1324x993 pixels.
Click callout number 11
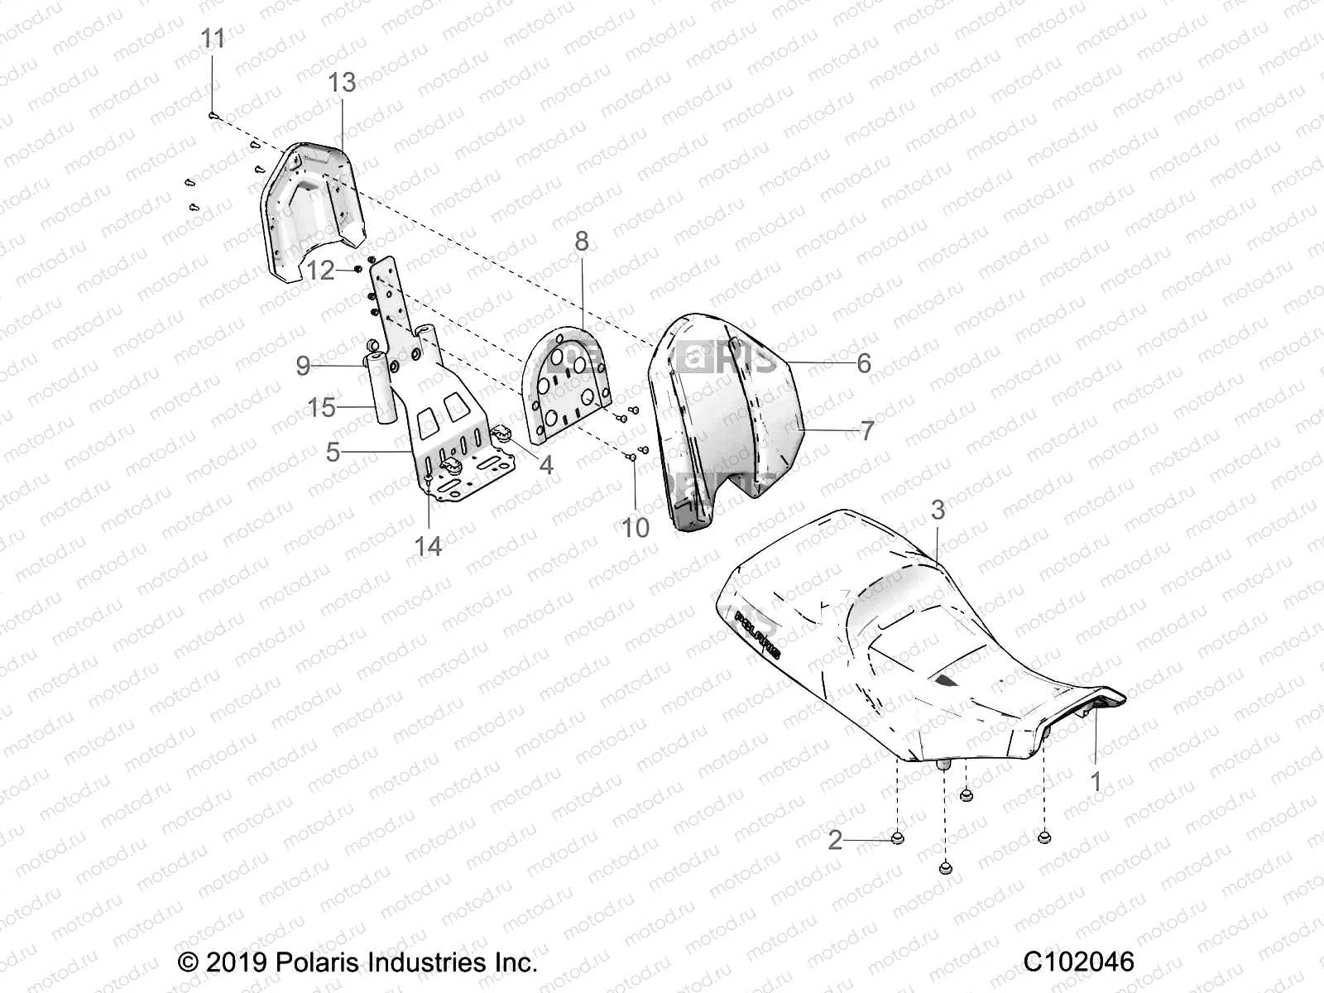click(213, 39)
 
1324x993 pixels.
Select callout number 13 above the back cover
click(342, 83)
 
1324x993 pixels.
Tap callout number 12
click(320, 270)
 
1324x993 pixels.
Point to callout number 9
click(303, 365)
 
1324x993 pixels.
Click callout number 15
click(322, 407)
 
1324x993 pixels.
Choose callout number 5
click(333, 452)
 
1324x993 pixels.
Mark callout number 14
click(428, 546)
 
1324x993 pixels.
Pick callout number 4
click(545, 465)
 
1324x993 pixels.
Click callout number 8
click(582, 242)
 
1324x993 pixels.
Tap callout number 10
click(636, 527)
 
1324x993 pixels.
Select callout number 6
click(863, 363)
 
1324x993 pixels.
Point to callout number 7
click(866, 430)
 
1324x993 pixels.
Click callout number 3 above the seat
click(938, 511)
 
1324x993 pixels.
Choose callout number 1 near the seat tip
click(1096, 781)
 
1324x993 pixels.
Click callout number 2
click(835, 841)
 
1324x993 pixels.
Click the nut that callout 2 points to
click(898, 839)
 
